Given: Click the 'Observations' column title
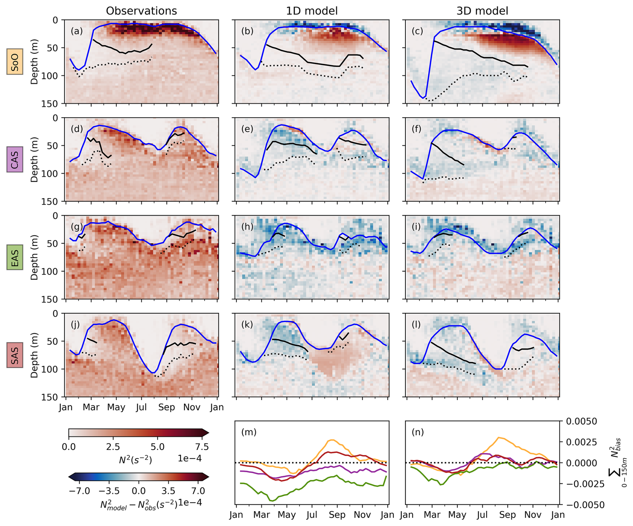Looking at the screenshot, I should pyautogui.click(x=141, y=11).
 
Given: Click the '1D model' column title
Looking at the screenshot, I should pyautogui.click(x=311, y=11).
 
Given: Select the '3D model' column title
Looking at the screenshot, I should pyautogui.click(x=482, y=11).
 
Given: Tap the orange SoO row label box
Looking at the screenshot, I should pyautogui.click(x=15, y=62).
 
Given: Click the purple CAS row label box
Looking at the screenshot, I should pyautogui.click(x=15, y=159).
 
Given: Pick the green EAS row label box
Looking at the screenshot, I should pyautogui.click(x=15, y=257).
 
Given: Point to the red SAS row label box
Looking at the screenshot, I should pyautogui.click(x=15, y=355).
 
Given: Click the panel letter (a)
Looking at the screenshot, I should pyautogui.click(x=77, y=31).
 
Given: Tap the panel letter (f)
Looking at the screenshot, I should pyautogui.click(x=418, y=129).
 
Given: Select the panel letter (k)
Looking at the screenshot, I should pyautogui.click(x=247, y=324).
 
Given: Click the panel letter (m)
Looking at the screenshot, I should pyautogui.click(x=249, y=432).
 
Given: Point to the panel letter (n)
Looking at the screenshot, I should pyautogui.click(x=418, y=432).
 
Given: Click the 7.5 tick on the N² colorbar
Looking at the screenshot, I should pyautogui.click(x=202, y=447).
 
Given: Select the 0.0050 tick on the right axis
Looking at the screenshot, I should pyautogui.click(x=581, y=422).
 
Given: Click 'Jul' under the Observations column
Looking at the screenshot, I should pyautogui.click(x=141, y=407).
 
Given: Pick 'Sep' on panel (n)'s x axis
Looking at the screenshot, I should pyautogui.click(x=508, y=515).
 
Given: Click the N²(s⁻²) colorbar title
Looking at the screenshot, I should pyautogui.click(x=135, y=460).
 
